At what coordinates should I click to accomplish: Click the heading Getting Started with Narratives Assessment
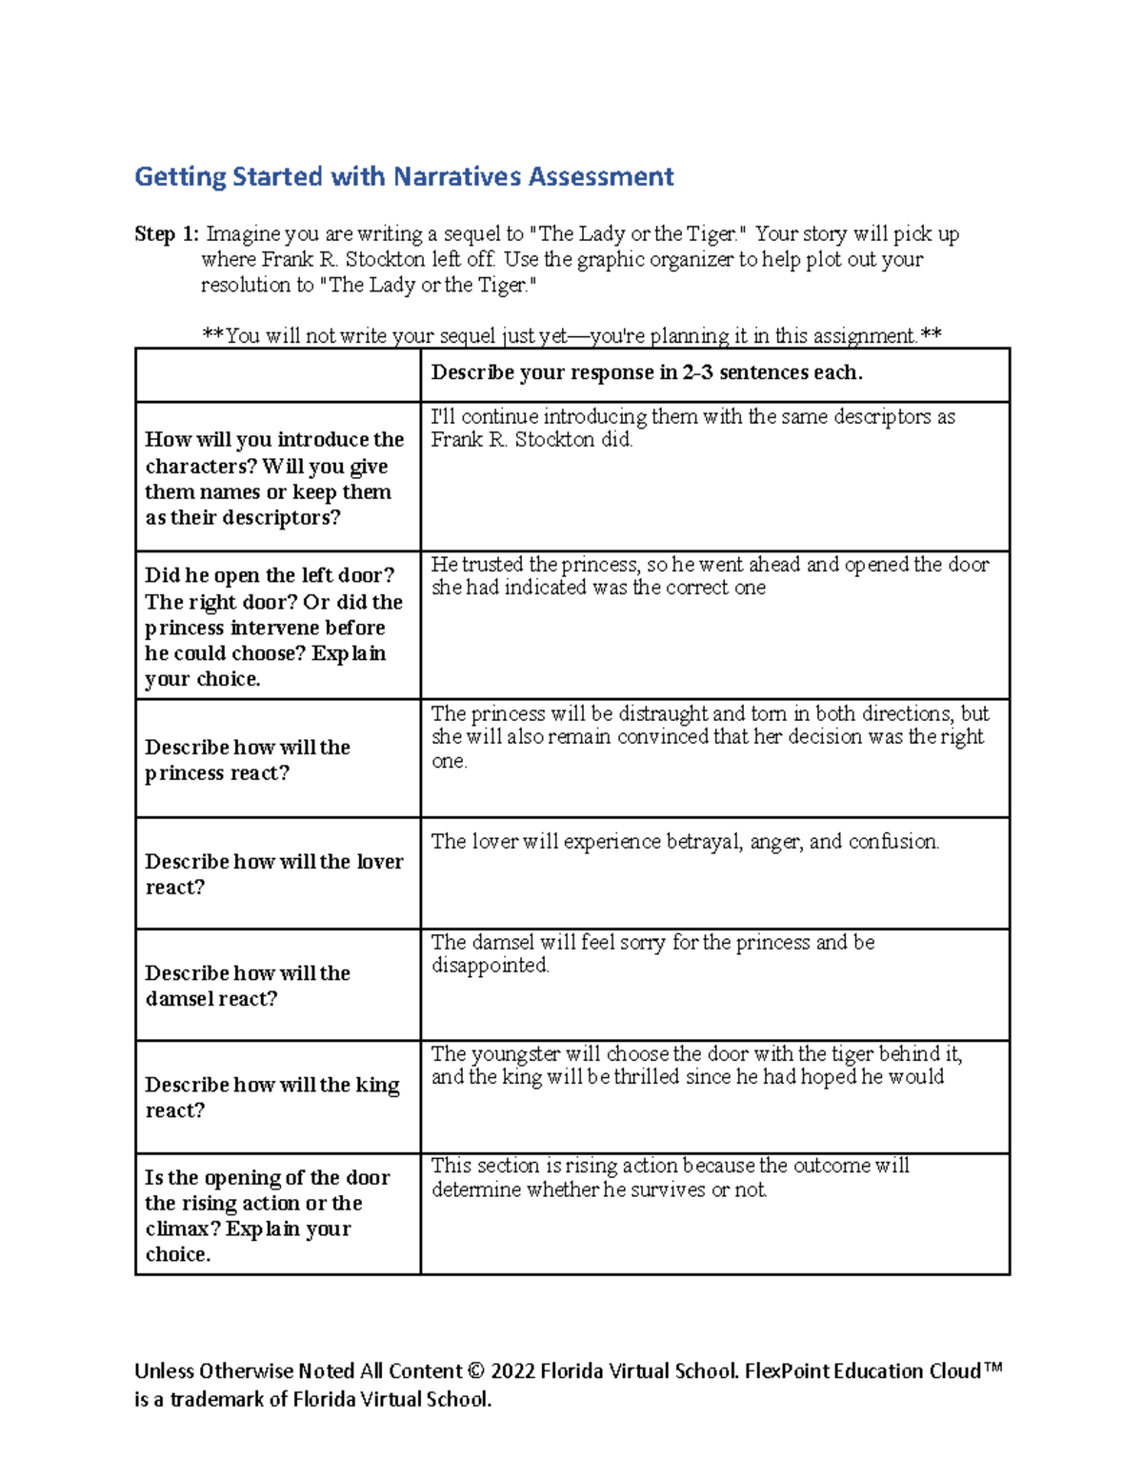tap(404, 177)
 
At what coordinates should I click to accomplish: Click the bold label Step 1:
tap(167, 234)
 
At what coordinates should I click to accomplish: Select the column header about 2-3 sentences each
tap(647, 373)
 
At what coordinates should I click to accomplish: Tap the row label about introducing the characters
tap(274, 478)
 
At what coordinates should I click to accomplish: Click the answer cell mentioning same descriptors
tap(692, 428)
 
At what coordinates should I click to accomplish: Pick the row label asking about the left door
tap(273, 627)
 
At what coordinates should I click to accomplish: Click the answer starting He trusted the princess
tap(710, 576)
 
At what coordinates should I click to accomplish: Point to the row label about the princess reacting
tap(248, 760)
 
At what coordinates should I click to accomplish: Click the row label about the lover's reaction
tap(273, 874)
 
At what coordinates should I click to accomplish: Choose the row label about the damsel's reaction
tap(248, 986)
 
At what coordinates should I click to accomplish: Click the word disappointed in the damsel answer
tap(490, 966)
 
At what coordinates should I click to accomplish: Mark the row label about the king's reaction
tap(271, 1097)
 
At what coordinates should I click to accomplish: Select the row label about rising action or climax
tap(267, 1215)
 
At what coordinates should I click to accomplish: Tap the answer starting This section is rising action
tap(670, 1177)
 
